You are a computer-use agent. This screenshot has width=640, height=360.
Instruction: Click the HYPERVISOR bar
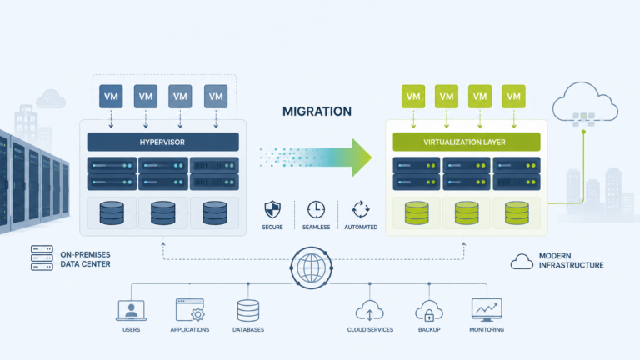pyautogui.click(x=162, y=142)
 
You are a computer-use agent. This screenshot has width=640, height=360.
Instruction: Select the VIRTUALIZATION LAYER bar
pyautogui.click(x=467, y=142)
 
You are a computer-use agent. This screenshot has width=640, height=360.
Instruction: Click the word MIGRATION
pyautogui.click(x=317, y=112)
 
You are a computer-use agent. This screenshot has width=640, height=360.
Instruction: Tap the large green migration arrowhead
pyautogui.click(x=362, y=157)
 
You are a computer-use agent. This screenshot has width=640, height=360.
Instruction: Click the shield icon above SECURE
pyautogui.click(x=272, y=210)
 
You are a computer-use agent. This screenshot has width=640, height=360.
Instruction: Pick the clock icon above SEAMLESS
pyautogui.click(x=317, y=210)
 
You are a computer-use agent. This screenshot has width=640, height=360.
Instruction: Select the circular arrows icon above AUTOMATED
pyautogui.click(x=361, y=210)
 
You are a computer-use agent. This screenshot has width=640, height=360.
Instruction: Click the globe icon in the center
pyautogui.click(x=312, y=267)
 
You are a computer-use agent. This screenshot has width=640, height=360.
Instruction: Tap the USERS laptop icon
pyautogui.click(x=132, y=311)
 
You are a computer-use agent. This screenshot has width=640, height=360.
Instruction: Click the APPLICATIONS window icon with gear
pyautogui.click(x=190, y=310)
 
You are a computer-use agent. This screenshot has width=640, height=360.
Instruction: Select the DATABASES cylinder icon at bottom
pyautogui.click(x=248, y=311)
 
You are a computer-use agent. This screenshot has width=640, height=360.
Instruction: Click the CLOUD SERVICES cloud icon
pyautogui.click(x=370, y=311)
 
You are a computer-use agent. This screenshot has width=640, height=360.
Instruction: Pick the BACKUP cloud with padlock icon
pyautogui.click(x=429, y=311)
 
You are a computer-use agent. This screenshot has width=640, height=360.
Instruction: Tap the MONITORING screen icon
pyautogui.click(x=487, y=310)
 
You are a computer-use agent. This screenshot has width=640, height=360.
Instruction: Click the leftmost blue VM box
pyautogui.click(x=111, y=97)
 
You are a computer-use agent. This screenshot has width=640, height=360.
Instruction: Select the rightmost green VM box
pyautogui.click(x=513, y=97)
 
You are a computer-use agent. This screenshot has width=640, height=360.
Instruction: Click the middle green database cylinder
pyautogui.click(x=467, y=212)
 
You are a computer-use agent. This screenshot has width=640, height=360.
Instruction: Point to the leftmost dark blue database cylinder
pyautogui.click(x=112, y=212)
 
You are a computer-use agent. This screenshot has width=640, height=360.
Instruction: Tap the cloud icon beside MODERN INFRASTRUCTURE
pyautogui.click(x=522, y=261)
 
